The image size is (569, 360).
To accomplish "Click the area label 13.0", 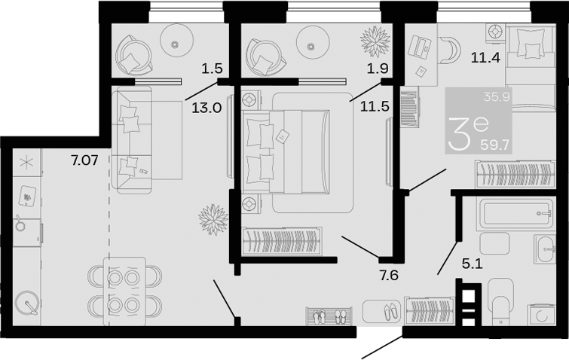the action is (x=206, y=108).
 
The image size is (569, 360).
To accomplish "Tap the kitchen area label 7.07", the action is (x=85, y=160).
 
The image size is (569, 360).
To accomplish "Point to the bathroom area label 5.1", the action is (x=472, y=264).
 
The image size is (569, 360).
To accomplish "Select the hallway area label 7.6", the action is (x=389, y=276).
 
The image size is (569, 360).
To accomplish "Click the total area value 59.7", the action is (x=495, y=145).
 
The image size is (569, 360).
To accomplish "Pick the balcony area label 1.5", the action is (x=212, y=68).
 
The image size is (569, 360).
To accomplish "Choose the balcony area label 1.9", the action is (x=378, y=68).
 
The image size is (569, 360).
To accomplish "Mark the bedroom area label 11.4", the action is (x=485, y=57).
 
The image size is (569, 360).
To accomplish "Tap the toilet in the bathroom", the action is (x=500, y=301).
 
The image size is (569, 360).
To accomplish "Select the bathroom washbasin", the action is (x=545, y=249).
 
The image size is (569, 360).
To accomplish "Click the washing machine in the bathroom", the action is (x=541, y=314).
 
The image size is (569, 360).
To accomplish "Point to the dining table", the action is (x=124, y=291).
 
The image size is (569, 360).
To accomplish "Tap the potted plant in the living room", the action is (x=213, y=219).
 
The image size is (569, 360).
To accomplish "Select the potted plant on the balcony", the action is (x=375, y=41).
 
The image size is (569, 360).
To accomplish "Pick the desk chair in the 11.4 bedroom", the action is (x=450, y=48).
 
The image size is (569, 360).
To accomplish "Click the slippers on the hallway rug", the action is (x=391, y=311).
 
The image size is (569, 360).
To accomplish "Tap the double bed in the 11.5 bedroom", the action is (x=286, y=152).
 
